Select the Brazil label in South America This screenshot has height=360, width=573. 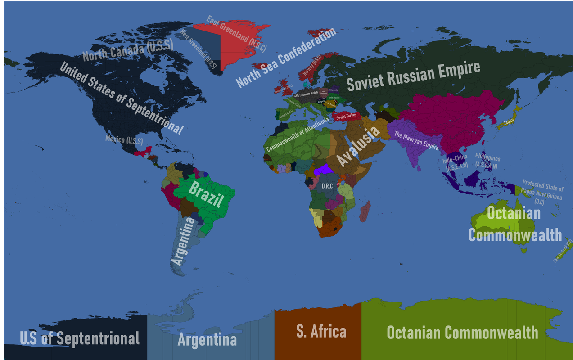click(205, 194)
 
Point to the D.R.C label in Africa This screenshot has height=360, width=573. click(327, 185)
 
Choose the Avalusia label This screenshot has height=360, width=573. click(358, 146)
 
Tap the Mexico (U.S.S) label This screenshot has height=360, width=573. click(124, 139)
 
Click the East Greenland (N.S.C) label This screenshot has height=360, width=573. click(236, 34)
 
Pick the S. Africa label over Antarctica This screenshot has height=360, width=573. click(321, 332)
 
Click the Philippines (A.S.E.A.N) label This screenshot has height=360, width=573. click(487, 162)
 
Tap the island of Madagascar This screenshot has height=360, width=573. click(365, 211)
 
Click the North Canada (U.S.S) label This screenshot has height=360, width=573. click(122, 51)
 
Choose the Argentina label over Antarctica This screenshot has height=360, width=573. click(207, 339)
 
